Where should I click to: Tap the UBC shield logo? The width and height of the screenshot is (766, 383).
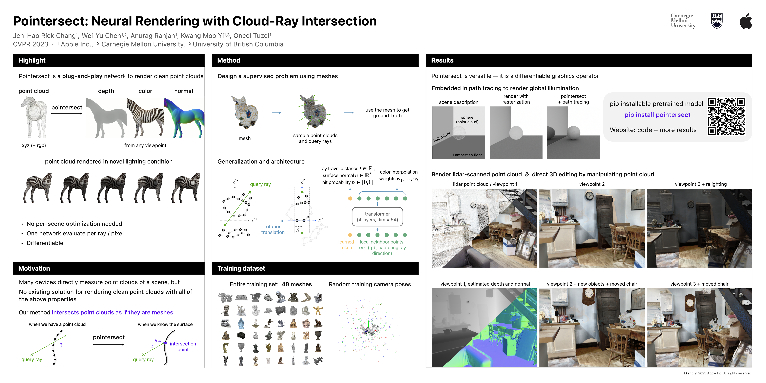(717, 21)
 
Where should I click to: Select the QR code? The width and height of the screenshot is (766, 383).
(726, 117)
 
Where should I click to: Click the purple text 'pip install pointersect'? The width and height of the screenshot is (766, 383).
(657, 115)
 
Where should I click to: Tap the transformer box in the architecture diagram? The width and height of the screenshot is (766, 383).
(377, 217)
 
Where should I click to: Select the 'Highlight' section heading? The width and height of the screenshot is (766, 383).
(32, 60)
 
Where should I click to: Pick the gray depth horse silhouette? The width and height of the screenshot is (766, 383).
(106, 118)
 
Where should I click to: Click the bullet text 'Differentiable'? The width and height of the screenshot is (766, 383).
(45, 243)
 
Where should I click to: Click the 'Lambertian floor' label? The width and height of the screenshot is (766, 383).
(467, 155)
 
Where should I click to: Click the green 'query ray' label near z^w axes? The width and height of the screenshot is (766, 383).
(260, 184)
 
